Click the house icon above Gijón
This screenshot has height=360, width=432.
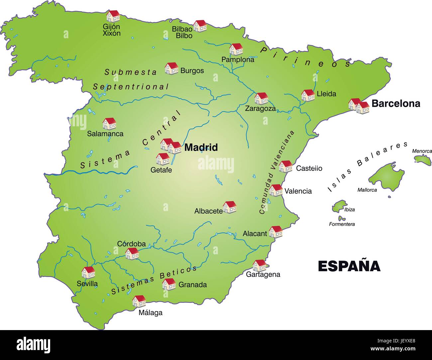pyautogui.click(x=113, y=16)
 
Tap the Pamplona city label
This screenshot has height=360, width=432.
pyautogui.click(x=238, y=60)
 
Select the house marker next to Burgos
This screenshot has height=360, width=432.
pyautogui.click(x=171, y=68)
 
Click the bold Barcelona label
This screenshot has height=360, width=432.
pyautogui.click(x=395, y=103)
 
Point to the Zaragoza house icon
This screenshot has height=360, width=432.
pyautogui.click(x=261, y=98)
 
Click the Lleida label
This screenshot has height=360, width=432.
pyautogui.click(x=326, y=94)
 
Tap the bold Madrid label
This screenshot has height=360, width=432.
pyautogui.click(x=201, y=147)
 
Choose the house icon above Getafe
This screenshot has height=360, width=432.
pyautogui.click(x=163, y=159)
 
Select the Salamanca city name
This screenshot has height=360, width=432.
pyautogui.click(x=105, y=134)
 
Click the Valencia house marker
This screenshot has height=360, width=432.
pyautogui.click(x=276, y=190)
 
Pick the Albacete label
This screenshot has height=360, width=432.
pyautogui.click(x=208, y=211)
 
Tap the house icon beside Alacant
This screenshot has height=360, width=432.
pyautogui.click(x=275, y=231)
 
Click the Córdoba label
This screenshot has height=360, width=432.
pyautogui.click(x=131, y=244)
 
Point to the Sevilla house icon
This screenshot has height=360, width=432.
pyautogui.click(x=88, y=272)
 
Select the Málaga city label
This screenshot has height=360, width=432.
pyautogui.click(x=151, y=312)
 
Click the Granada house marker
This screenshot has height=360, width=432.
pyautogui.click(x=169, y=284)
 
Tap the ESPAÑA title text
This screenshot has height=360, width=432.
pyautogui.click(x=349, y=266)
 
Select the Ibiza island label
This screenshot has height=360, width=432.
pyautogui.click(x=349, y=209)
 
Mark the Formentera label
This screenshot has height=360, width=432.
pyautogui.click(x=342, y=224)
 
